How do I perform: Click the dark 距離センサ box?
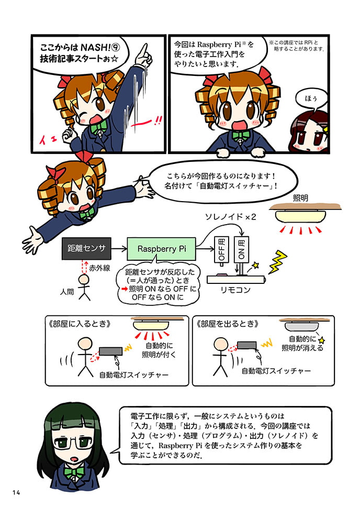pyautogui.click(x=86, y=248)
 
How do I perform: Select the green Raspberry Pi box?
pyautogui.click(x=162, y=249)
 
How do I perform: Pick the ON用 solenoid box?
pyautogui.click(x=241, y=249)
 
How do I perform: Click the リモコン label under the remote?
pyautogui.click(x=235, y=290)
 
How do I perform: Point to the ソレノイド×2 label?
pyautogui.click(x=230, y=217)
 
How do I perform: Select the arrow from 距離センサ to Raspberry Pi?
pyautogui.click(x=119, y=249)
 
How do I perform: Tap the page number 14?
pyautogui.click(x=16, y=492)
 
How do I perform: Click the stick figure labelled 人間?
pyautogui.click(x=84, y=288)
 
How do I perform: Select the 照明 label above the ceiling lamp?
pyautogui.click(x=300, y=198)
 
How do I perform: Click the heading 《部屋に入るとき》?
pyautogui.click(x=80, y=324)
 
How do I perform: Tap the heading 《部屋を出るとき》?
pyautogui.click(x=227, y=324)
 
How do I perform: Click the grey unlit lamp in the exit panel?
pyautogui.click(x=301, y=326)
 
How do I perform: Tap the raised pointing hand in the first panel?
pyautogui.click(x=143, y=56)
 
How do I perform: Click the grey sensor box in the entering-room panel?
pyautogui.click(x=110, y=351)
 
